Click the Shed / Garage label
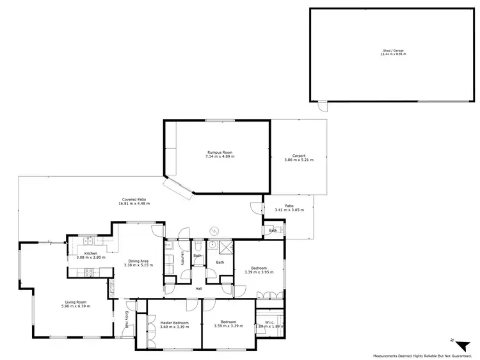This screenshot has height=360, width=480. (x=393, y=51)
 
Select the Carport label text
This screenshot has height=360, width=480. (x=298, y=156)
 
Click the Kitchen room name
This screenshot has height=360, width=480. (x=90, y=253)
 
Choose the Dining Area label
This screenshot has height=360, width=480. (x=139, y=261)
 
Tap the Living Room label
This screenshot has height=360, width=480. (x=76, y=302)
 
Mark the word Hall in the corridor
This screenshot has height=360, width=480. (x=199, y=289)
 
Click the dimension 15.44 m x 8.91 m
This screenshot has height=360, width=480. (x=393, y=54)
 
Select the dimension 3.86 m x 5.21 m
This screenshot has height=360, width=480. (x=298, y=160)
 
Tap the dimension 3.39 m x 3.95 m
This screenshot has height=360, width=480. (x=259, y=272)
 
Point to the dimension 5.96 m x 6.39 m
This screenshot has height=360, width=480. (x=76, y=306)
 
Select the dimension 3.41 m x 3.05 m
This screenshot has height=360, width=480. (x=289, y=210)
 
